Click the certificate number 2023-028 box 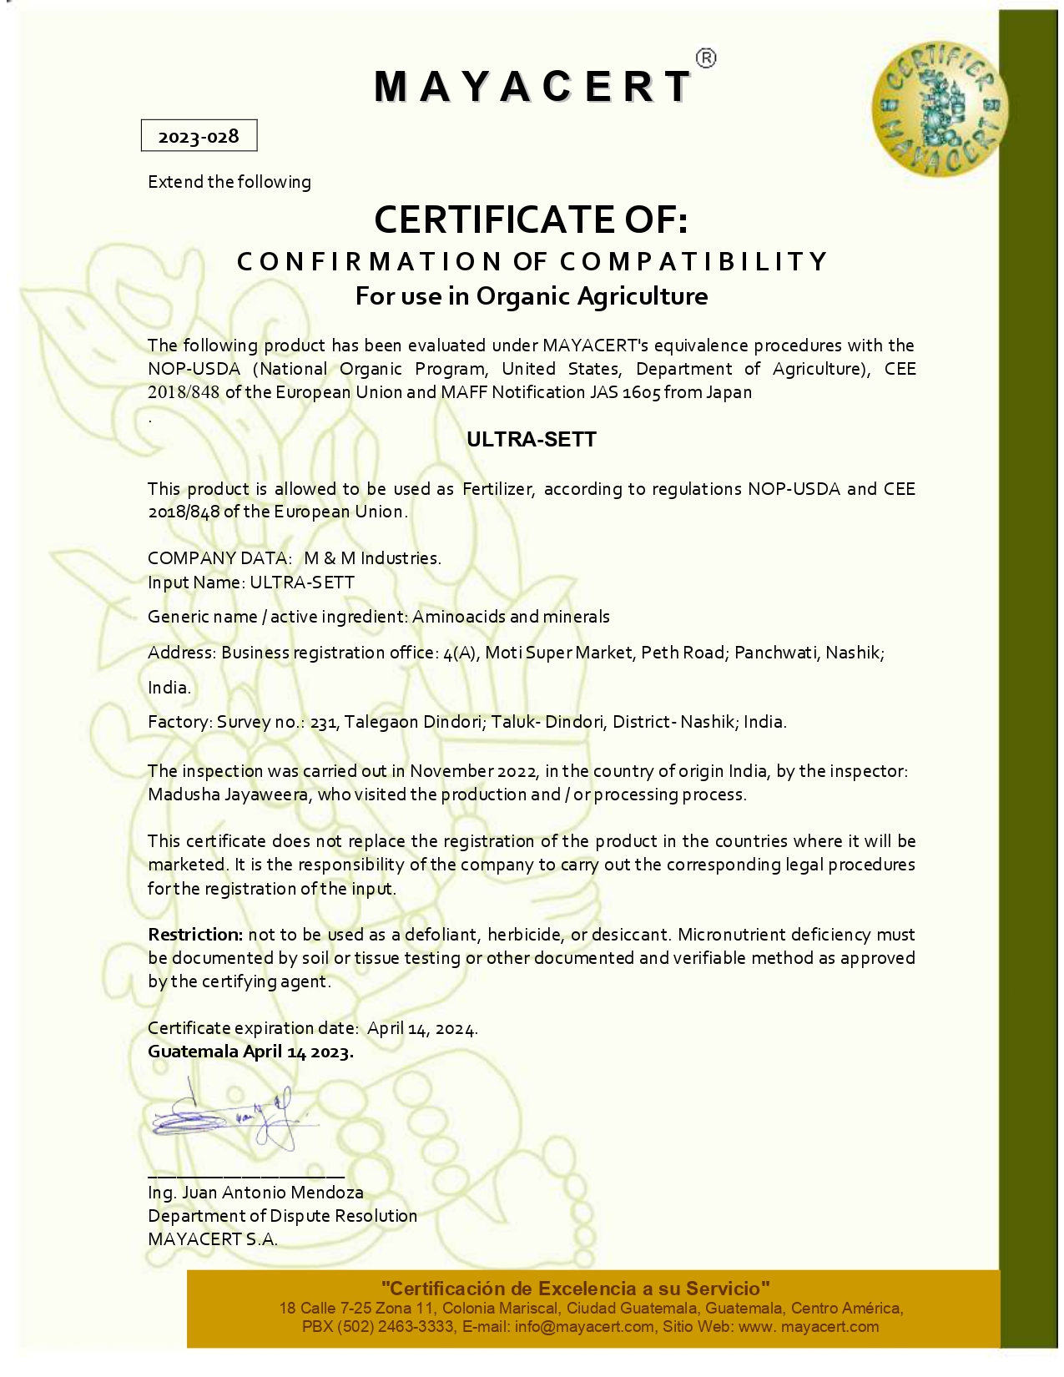pos(199,136)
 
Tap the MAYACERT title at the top pos(532,87)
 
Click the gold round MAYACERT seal pos(939,109)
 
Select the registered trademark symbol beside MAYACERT pos(705,58)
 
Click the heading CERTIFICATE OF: pos(531,219)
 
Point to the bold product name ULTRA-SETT pos(532,440)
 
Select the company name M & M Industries pos(372,558)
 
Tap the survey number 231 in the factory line pos(323,723)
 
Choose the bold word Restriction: pos(195,935)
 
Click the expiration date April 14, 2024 pos(421,1028)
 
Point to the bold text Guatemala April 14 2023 pos(250,1052)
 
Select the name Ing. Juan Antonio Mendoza pos(255,1193)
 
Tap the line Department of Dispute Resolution pos(282,1216)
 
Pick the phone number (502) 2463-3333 pos(396,1326)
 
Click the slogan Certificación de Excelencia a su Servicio pos(575,1289)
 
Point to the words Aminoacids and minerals pos(511,617)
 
